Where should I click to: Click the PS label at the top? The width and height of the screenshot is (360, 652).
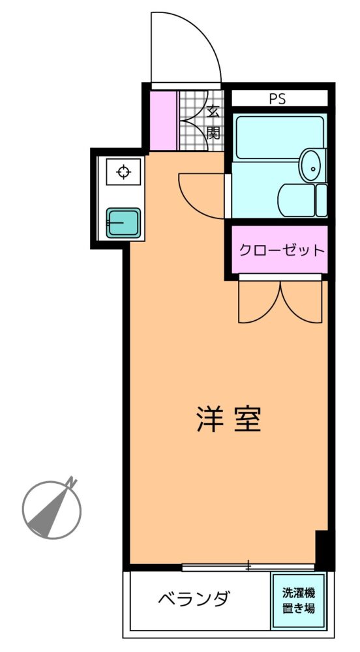pyautogui.click(x=277, y=99)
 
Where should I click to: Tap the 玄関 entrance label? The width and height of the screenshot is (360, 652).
pyautogui.click(x=213, y=122)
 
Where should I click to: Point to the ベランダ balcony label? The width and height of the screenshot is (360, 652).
pyautogui.click(x=194, y=599)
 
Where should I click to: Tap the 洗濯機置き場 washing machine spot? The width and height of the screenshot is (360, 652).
pyautogui.click(x=298, y=600)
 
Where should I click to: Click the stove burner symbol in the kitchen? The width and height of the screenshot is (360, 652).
pyautogui.click(x=123, y=171)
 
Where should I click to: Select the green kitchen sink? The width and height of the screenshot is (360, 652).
pyautogui.click(x=123, y=223)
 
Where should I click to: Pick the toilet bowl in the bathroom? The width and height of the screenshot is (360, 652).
pyautogui.click(x=297, y=200)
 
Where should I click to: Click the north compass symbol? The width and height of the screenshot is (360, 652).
pyautogui.click(x=52, y=509)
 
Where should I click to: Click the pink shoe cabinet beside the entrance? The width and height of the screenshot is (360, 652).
pyautogui.click(x=164, y=121)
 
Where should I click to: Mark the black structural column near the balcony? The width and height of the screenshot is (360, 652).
pyautogui.click(x=325, y=550)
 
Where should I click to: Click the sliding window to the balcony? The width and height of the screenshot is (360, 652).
pyautogui.click(x=248, y=567)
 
